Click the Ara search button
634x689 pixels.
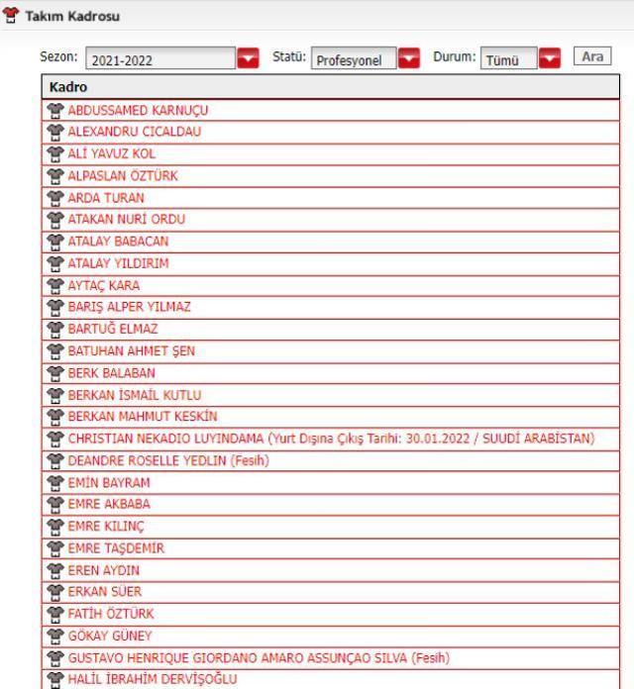[592, 57]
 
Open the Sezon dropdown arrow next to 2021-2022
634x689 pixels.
[249, 59]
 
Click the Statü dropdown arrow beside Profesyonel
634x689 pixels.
[408, 59]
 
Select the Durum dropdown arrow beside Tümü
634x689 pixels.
[549, 59]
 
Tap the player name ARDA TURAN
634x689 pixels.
[106, 197]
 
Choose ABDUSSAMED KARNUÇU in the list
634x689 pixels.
[138, 110]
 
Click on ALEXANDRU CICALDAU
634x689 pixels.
[137, 132]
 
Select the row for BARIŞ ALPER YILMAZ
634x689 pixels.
[129, 306]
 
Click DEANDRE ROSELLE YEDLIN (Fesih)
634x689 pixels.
[166, 458]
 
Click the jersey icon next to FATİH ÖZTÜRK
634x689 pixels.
[56, 612]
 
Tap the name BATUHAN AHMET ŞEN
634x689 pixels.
[134, 349]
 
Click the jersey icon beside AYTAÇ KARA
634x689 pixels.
[56, 285]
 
